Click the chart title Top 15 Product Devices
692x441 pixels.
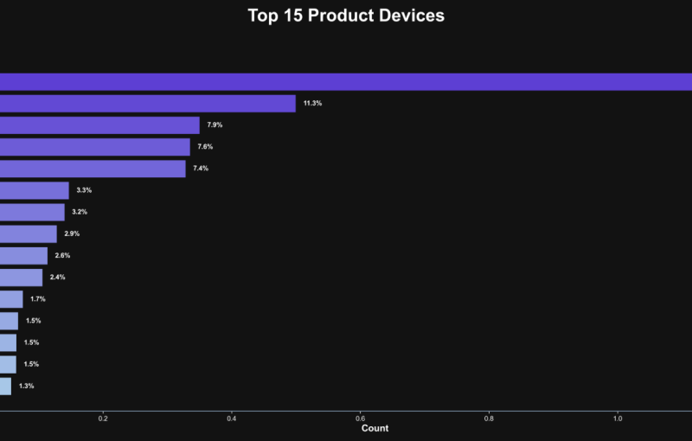tap(346, 16)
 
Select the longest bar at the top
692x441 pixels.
tap(346, 81)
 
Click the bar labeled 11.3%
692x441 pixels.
tap(147, 104)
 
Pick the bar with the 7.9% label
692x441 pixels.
tap(99, 125)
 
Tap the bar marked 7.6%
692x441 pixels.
tap(94, 147)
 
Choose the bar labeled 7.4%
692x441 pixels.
tap(93, 169)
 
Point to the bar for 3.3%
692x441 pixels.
tap(35, 190)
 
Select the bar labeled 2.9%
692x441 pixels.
tap(29, 233)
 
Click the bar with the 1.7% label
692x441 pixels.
tap(11, 299)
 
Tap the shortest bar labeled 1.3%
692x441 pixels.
tap(6, 386)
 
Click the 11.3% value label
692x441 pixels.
tap(312, 104)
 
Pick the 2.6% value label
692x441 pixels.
tap(62, 256)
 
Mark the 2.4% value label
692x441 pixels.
tap(57, 278)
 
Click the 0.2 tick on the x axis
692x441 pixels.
tap(103, 419)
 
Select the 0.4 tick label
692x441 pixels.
tap(232, 419)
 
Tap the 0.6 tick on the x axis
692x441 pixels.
tap(360, 419)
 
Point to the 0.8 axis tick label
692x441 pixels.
tap(489, 419)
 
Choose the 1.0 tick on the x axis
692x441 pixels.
tap(618, 419)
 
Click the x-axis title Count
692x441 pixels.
tap(375, 429)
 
